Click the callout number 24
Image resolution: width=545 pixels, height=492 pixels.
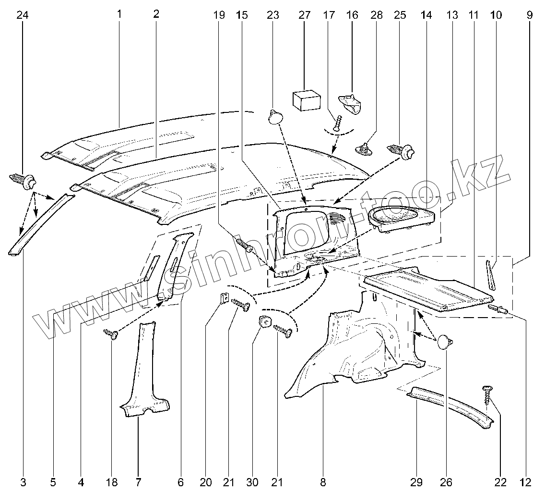23,15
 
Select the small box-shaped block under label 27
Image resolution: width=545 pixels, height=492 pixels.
306,100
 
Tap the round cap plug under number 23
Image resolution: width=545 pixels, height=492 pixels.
275,116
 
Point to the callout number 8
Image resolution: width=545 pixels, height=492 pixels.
323,481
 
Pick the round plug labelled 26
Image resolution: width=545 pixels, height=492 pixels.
445,343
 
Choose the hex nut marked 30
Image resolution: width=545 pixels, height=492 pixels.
264,322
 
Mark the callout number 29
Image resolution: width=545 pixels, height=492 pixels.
416,481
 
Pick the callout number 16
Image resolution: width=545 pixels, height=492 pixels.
352,15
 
